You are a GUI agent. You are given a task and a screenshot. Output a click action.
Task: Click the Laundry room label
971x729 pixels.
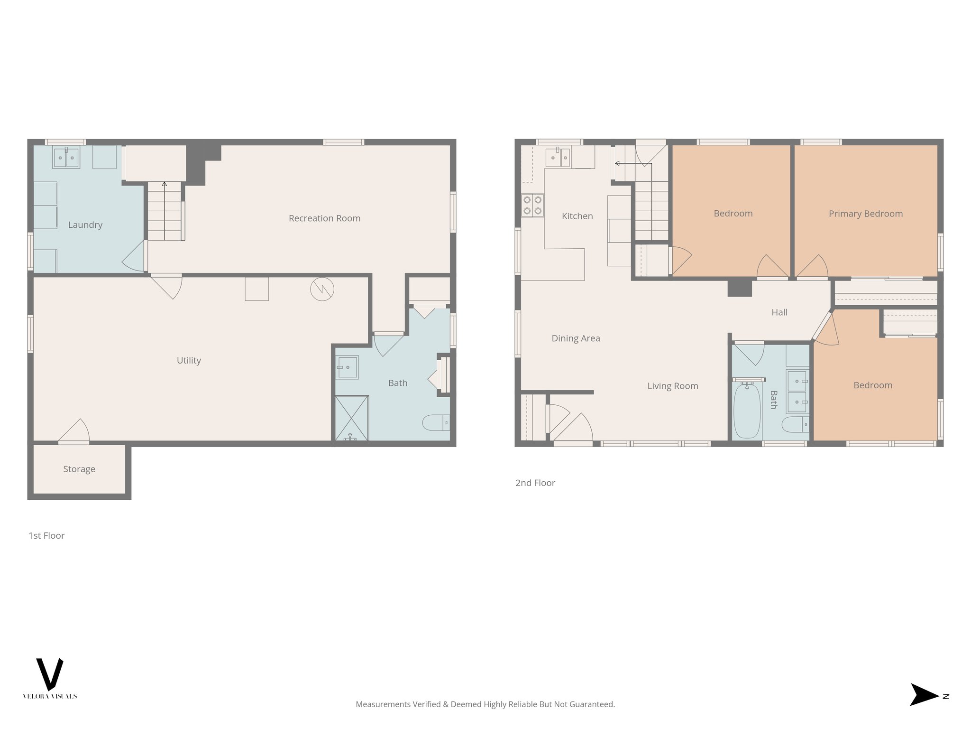pos(85,225)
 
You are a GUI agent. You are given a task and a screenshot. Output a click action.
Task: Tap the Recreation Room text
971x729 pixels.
pos(324,218)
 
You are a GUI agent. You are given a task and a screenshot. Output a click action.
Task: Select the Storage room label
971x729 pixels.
pos(79,469)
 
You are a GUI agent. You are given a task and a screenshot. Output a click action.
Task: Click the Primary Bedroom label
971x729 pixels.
pos(865,214)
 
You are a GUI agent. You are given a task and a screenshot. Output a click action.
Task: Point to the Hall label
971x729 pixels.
pos(779,312)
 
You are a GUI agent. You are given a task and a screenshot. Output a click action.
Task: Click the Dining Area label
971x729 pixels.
pos(576,338)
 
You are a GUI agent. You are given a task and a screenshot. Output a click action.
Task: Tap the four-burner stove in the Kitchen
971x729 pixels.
pos(532,206)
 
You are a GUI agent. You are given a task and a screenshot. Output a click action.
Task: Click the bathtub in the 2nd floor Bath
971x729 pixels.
pos(747,411)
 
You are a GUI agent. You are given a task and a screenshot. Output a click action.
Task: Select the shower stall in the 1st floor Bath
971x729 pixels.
pos(351,418)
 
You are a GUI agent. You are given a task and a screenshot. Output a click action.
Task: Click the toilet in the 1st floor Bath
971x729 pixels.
pos(434,422)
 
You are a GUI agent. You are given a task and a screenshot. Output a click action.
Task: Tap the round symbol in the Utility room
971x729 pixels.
pos(322,289)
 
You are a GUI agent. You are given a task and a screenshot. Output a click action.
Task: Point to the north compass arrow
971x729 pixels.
pos(924,695)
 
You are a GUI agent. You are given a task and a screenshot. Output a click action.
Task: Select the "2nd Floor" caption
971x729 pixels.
pos(535,483)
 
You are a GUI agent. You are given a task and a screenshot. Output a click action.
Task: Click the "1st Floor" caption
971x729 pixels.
pos(46,535)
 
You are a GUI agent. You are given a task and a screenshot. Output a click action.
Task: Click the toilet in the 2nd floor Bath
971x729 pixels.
pos(795,424)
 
